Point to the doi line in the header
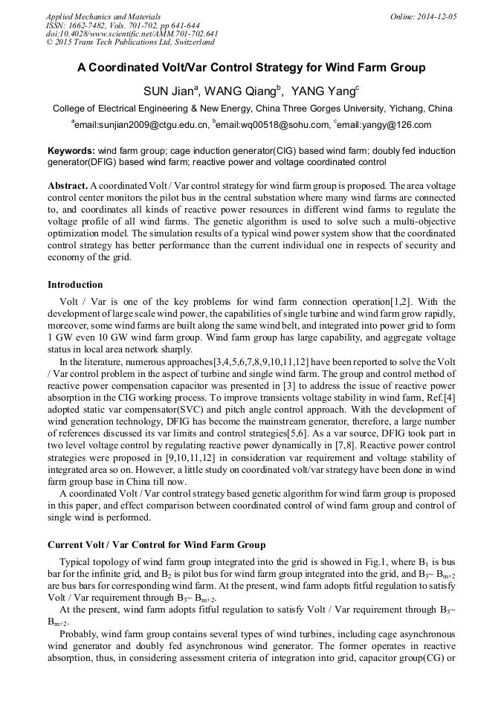tap(132, 34)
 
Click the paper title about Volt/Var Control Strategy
tap(251, 68)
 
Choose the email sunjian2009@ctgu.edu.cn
tap(140, 125)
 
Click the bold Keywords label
tap(71, 151)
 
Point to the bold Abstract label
tap(68, 184)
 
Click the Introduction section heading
tap(75, 285)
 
